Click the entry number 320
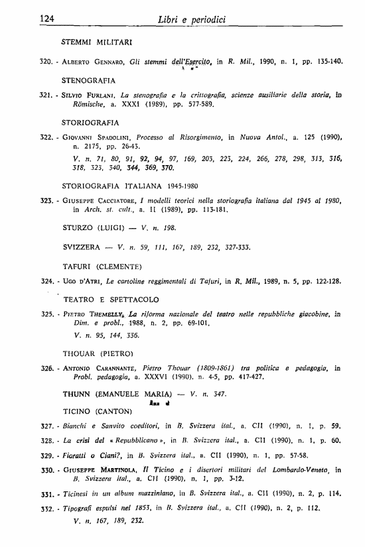click(x=46, y=61)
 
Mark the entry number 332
click(x=46, y=509)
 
